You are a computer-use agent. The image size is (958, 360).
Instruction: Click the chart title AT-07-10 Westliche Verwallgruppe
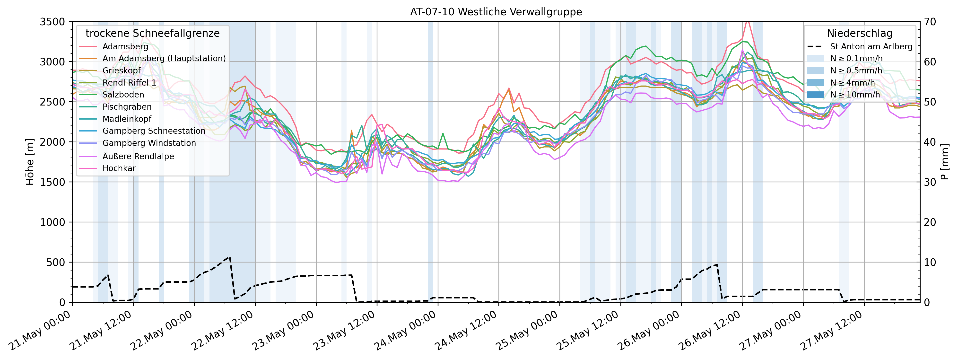496,12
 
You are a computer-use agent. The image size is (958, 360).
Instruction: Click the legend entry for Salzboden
123,95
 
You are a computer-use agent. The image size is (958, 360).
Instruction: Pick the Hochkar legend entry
119,168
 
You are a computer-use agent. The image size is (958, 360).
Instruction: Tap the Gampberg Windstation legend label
149,143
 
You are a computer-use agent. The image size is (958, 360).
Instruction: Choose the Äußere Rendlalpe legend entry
138,156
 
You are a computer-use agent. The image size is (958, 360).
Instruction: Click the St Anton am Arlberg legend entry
871,46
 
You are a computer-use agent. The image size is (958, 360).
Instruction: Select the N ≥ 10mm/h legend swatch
816,95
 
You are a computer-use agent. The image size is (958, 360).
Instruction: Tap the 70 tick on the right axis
931,22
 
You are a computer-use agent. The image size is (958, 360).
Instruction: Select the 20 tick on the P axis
931,222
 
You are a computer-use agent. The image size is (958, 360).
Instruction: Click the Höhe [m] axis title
30,162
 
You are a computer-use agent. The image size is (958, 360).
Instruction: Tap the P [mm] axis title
945,162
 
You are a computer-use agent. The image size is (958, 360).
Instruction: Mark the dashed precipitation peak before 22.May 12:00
229,257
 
